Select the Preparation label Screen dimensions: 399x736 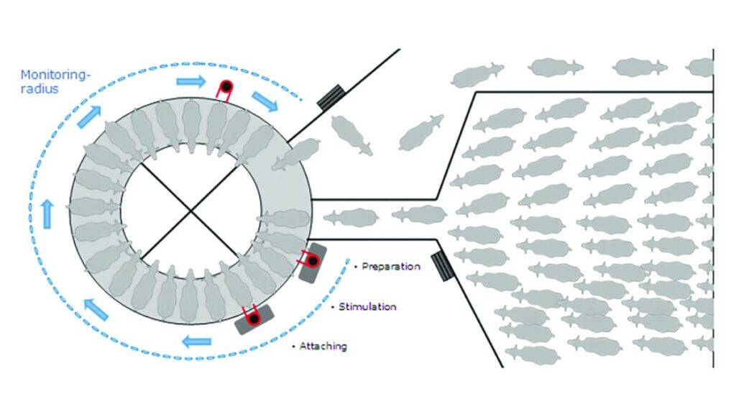pos(390,266)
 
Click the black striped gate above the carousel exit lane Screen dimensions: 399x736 pos(331,96)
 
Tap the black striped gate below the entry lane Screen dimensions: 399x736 pos(439,266)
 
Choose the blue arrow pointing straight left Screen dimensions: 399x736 pos(195,341)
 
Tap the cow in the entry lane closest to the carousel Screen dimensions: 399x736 pos(351,216)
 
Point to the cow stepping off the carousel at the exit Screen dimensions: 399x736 pos(295,153)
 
